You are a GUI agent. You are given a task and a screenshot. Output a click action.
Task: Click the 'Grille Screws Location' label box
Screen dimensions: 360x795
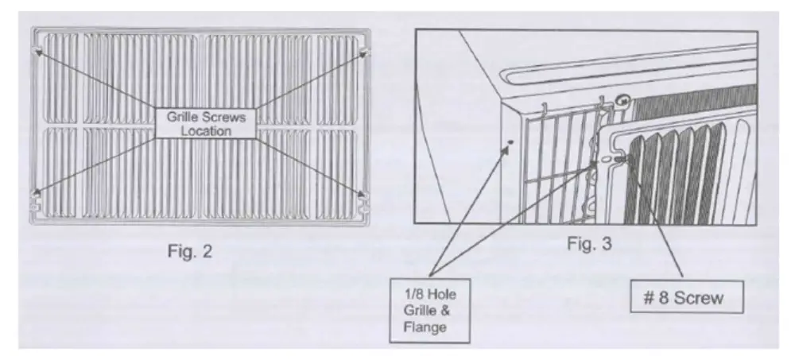206,123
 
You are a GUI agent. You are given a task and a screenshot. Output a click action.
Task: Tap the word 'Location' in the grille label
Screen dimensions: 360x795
206,131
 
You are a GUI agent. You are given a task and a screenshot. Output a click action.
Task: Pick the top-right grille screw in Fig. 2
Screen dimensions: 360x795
365,52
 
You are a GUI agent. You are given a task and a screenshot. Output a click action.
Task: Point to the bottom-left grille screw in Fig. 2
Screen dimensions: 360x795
36,192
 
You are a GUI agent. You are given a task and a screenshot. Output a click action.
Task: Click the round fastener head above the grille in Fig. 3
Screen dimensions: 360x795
622,102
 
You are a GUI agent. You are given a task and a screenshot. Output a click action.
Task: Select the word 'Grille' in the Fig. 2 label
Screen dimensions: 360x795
182,117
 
